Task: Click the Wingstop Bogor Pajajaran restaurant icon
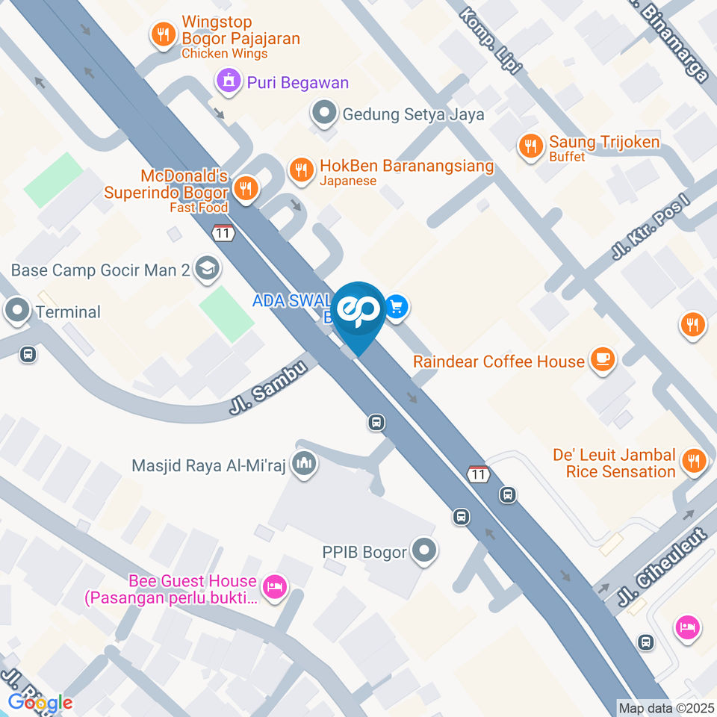point(162,34)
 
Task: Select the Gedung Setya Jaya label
point(413,114)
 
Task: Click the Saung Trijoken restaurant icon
point(530,146)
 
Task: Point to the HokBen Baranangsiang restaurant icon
point(301,169)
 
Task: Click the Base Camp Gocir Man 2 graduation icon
point(205,269)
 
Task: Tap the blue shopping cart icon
point(397,307)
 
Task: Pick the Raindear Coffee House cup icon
point(601,360)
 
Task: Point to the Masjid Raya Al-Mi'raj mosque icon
point(304,465)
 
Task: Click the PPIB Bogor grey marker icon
point(424,552)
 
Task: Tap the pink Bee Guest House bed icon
point(275,586)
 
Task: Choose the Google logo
point(40,702)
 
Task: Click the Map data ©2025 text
point(665,707)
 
